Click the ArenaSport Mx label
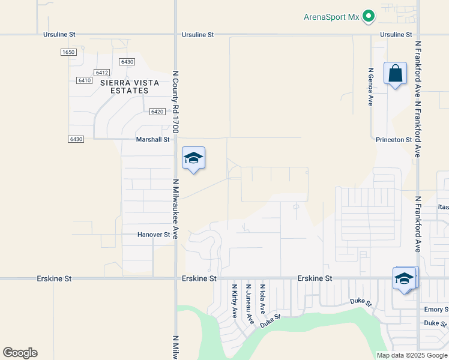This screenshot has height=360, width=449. tap(332, 17)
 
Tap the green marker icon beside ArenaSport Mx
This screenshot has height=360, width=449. tap(369, 17)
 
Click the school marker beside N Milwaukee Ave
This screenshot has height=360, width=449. tap(193, 159)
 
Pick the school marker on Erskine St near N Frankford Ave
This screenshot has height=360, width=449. tap(404, 280)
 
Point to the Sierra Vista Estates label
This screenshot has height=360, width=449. tap(124, 86)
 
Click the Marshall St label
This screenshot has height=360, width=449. tap(154, 139)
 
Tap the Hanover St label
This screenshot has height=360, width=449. tap(154, 235)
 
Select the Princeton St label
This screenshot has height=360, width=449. tap(394, 140)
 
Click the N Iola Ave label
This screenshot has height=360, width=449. tap(262, 299)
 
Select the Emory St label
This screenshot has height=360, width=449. tap(436, 310)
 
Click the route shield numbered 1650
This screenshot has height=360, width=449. tap(68, 53)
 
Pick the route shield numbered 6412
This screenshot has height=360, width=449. tap(102, 72)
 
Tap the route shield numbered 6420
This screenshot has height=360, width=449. tap(157, 112)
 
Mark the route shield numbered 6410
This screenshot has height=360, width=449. tap(84, 80)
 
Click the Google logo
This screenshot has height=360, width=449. tap(20, 353)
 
